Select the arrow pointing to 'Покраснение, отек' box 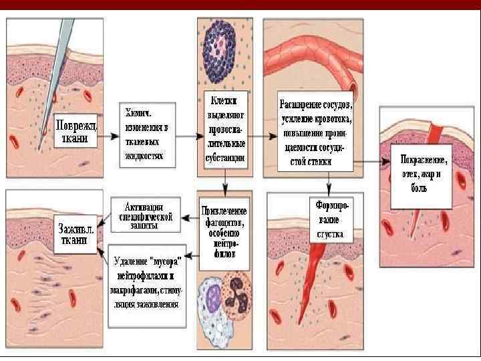pyautogui.click(x=371, y=162)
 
